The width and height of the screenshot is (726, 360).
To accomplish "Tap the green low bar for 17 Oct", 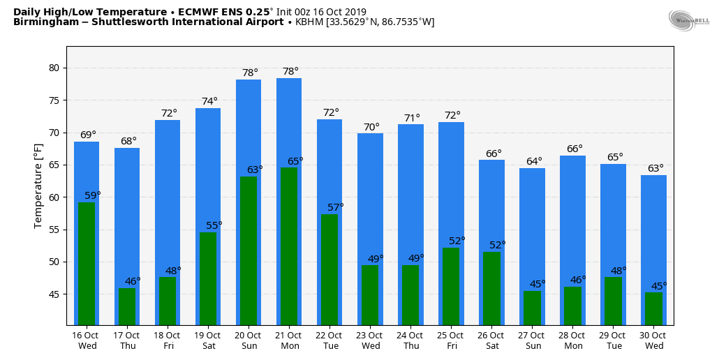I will tap(127, 306).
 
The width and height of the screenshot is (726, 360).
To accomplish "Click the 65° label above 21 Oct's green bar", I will tap(296, 161).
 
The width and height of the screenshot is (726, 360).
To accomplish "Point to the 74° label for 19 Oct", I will tap(209, 101).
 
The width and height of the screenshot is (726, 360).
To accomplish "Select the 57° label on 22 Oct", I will tap(336, 207).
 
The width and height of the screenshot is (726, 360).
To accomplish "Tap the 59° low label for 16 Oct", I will tap(93, 195).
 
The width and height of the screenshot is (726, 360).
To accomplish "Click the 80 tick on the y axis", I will tap(54, 68).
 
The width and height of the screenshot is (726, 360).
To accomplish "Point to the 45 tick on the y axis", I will tap(54, 294).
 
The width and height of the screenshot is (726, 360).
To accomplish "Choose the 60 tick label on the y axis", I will tap(54, 197).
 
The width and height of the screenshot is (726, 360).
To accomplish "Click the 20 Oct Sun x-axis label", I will tap(249, 340).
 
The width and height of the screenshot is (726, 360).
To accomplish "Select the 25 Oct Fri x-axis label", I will tap(451, 340).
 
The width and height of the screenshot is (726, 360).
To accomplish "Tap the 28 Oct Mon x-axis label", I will tap(572, 340).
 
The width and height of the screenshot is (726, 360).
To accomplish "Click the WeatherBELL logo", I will tap(688, 20).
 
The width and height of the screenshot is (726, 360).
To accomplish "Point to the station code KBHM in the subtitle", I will tap(310, 22).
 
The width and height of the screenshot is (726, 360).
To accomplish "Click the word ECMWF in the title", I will tap(200, 12).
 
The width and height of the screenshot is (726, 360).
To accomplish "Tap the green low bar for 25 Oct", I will tap(451, 286).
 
